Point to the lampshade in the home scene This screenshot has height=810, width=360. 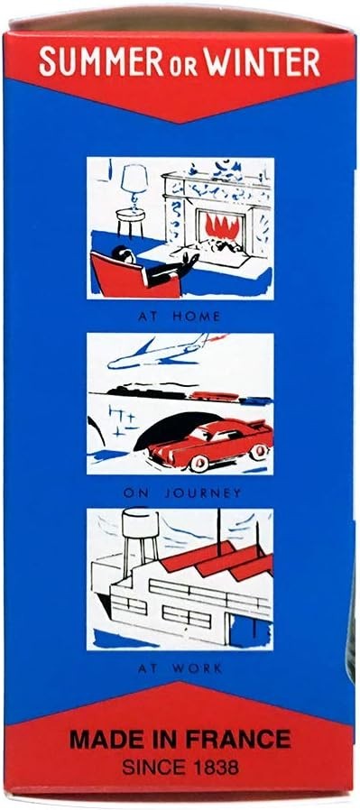[x=134, y=179]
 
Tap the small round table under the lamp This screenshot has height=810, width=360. [x=130, y=221]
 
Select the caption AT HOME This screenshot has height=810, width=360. [x=180, y=317]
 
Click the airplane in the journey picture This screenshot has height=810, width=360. [x=165, y=352]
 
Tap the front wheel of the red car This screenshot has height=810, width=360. [x=198, y=462]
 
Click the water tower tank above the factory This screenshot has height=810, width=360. [x=140, y=524]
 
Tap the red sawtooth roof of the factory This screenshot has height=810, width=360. [x=217, y=559]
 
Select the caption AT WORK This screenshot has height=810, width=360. [x=180, y=668]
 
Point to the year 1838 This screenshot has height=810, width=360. [x=214, y=766]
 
